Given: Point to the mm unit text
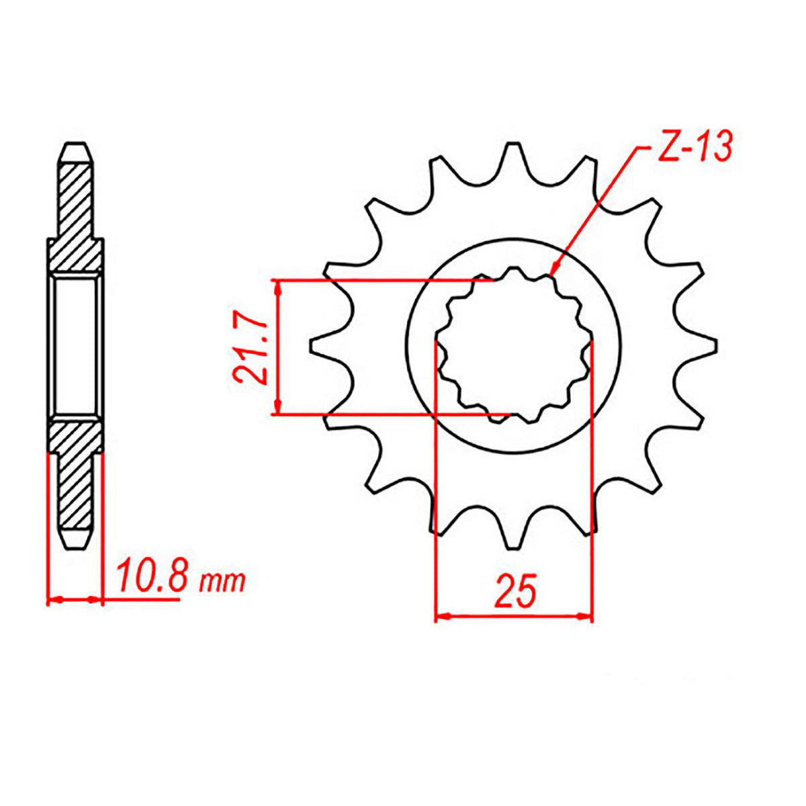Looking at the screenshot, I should tap(223, 581).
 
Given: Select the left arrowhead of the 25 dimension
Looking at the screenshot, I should tap(442, 615).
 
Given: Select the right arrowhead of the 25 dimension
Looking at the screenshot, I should tap(586, 615).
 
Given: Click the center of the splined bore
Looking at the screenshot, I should tap(514, 345).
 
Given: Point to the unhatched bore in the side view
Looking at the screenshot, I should tap(75, 345).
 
